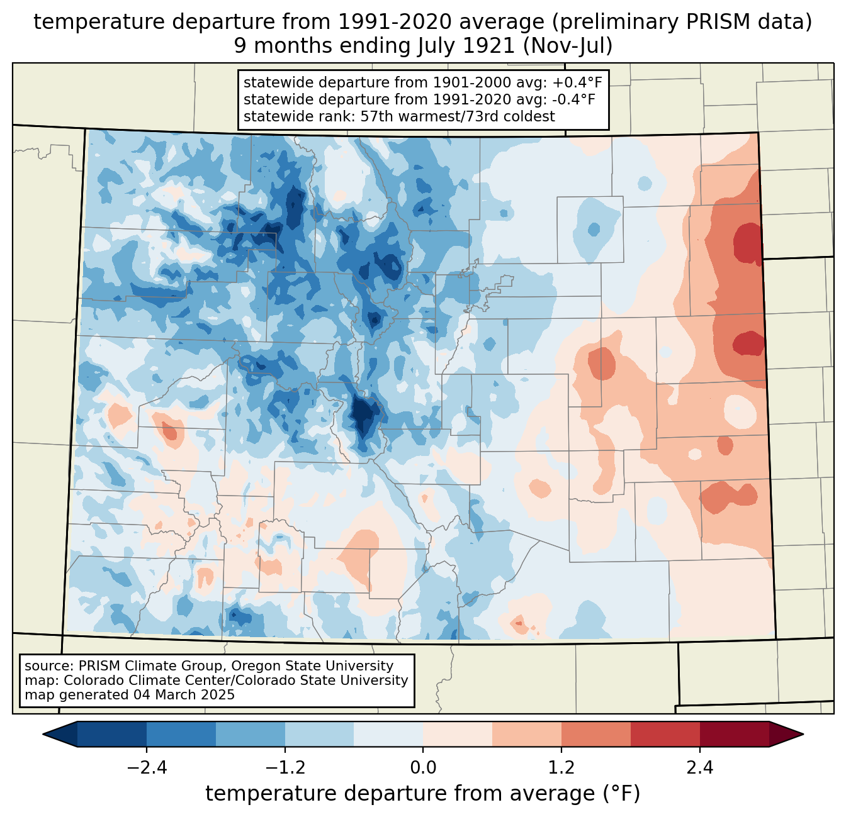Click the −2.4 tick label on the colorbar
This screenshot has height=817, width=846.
point(146,768)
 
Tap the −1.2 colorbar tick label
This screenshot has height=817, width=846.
point(285,768)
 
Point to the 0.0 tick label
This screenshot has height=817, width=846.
point(423,768)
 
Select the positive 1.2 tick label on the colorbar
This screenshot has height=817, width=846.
point(561,768)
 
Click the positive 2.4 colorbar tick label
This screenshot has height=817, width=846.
point(699,768)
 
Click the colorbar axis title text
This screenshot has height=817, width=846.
point(423,794)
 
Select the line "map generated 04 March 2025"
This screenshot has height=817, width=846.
point(130,695)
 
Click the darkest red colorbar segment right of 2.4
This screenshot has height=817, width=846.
point(734,734)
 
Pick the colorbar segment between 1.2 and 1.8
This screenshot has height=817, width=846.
point(595,734)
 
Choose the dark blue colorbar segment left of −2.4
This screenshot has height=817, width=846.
point(112,734)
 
